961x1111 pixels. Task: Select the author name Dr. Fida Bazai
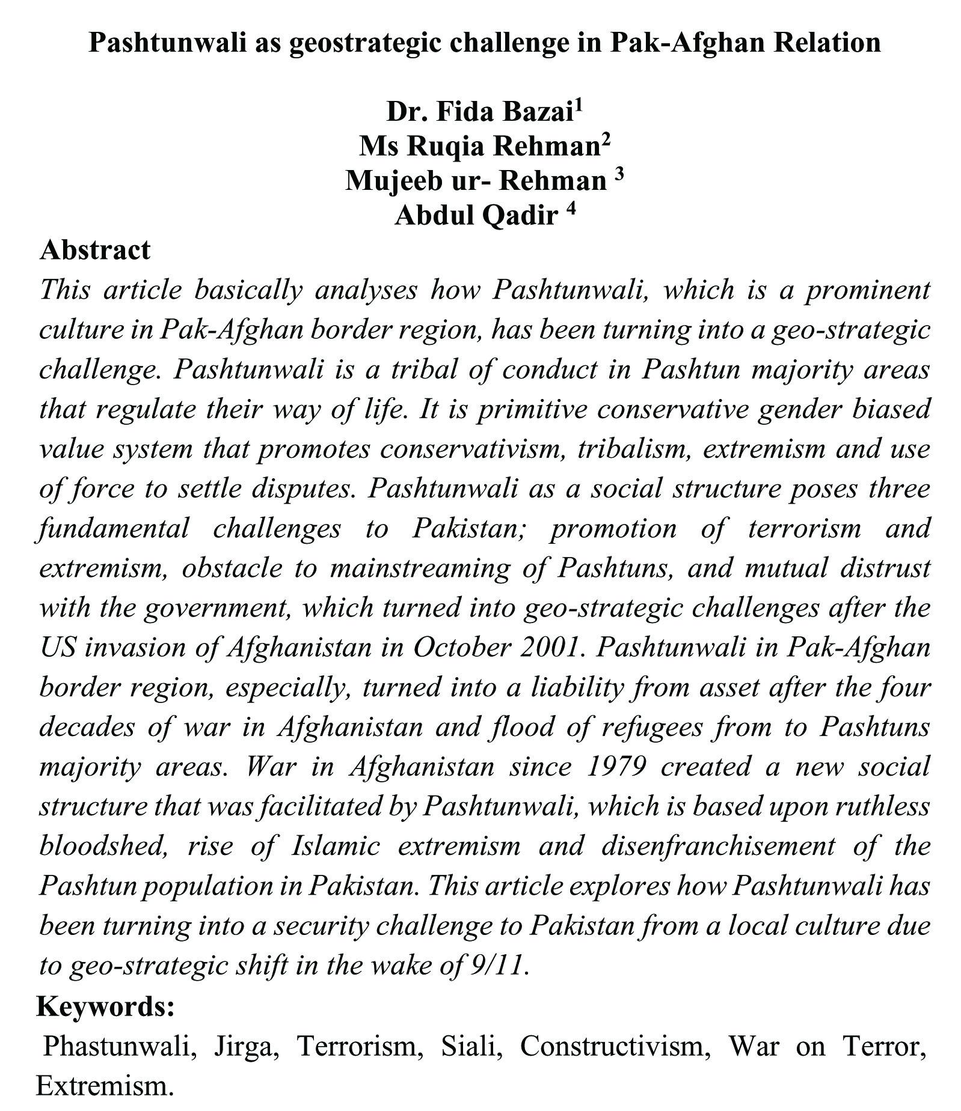pos(479,112)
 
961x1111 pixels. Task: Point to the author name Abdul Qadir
pos(476,215)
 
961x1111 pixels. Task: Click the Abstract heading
pos(94,249)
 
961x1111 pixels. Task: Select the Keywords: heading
pos(105,1006)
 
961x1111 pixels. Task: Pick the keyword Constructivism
pos(610,1046)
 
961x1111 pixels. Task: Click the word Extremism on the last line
pos(104,1085)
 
